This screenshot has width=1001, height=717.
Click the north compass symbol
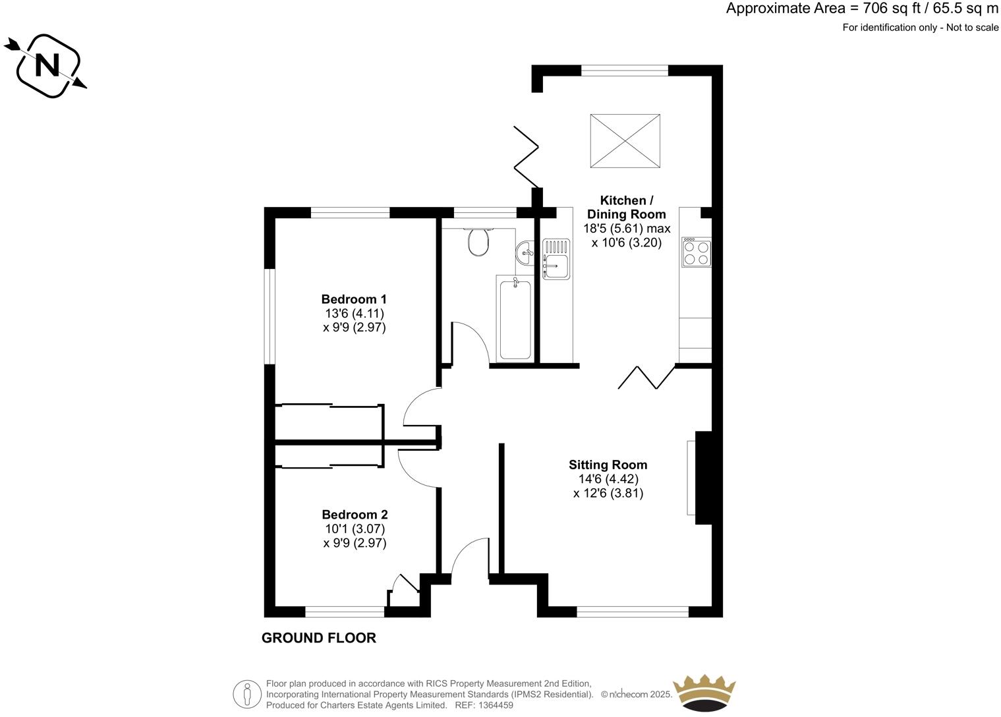point(47,65)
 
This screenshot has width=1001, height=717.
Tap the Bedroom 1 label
point(354,299)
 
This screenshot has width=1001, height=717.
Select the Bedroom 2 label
point(355,515)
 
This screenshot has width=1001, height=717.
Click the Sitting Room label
point(608,465)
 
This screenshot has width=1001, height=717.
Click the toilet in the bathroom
point(478,242)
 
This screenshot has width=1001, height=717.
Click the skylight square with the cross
point(625,140)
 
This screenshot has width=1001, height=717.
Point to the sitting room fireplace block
point(703,478)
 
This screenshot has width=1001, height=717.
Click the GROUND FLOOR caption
point(319,638)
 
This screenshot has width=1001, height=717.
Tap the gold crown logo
point(703,692)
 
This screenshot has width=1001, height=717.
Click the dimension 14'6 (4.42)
point(608,479)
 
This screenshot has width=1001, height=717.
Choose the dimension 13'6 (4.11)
point(354,314)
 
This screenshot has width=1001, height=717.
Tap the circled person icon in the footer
point(247,694)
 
